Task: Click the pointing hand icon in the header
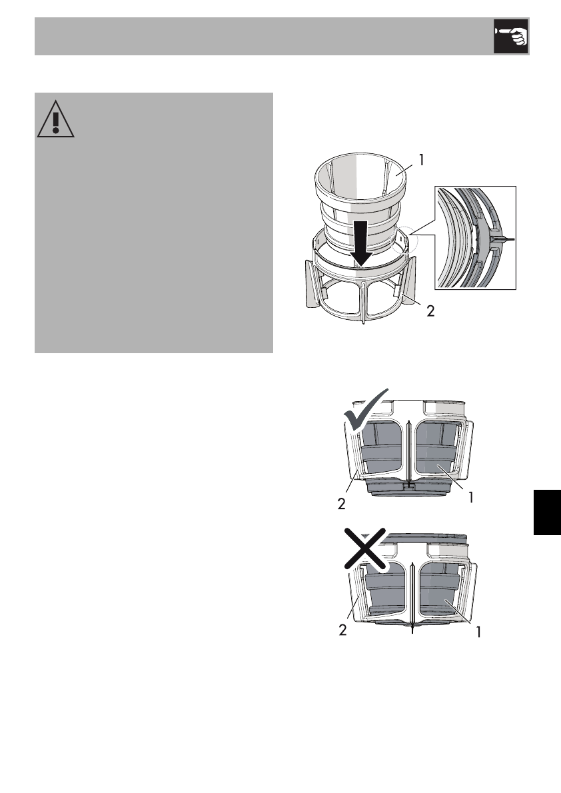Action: (x=510, y=37)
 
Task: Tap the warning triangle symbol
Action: (x=56, y=121)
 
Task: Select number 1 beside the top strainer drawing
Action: (x=420, y=160)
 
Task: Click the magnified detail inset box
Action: (x=475, y=238)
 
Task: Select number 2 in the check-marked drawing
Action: (x=342, y=504)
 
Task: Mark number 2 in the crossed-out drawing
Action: (x=342, y=630)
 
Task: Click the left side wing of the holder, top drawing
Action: (x=308, y=284)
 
